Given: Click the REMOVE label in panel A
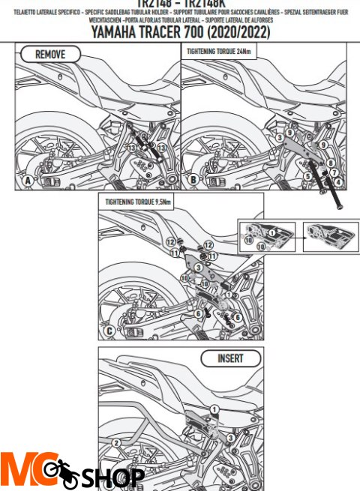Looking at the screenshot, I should (x=50, y=55).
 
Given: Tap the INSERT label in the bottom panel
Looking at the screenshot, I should (x=230, y=358).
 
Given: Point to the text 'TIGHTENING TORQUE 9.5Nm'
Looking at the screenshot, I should (x=138, y=202).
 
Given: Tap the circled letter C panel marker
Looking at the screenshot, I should (x=110, y=331).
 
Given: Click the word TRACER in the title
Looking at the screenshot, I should (x=180, y=33).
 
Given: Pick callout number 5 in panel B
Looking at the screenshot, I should (x=307, y=175).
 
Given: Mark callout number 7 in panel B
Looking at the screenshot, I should (x=334, y=172).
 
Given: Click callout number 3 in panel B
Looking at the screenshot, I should (x=278, y=138).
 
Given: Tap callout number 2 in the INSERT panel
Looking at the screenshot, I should (x=116, y=442).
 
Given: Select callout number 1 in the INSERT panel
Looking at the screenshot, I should (x=214, y=409).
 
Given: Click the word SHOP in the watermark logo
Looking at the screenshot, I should (x=114, y=477).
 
